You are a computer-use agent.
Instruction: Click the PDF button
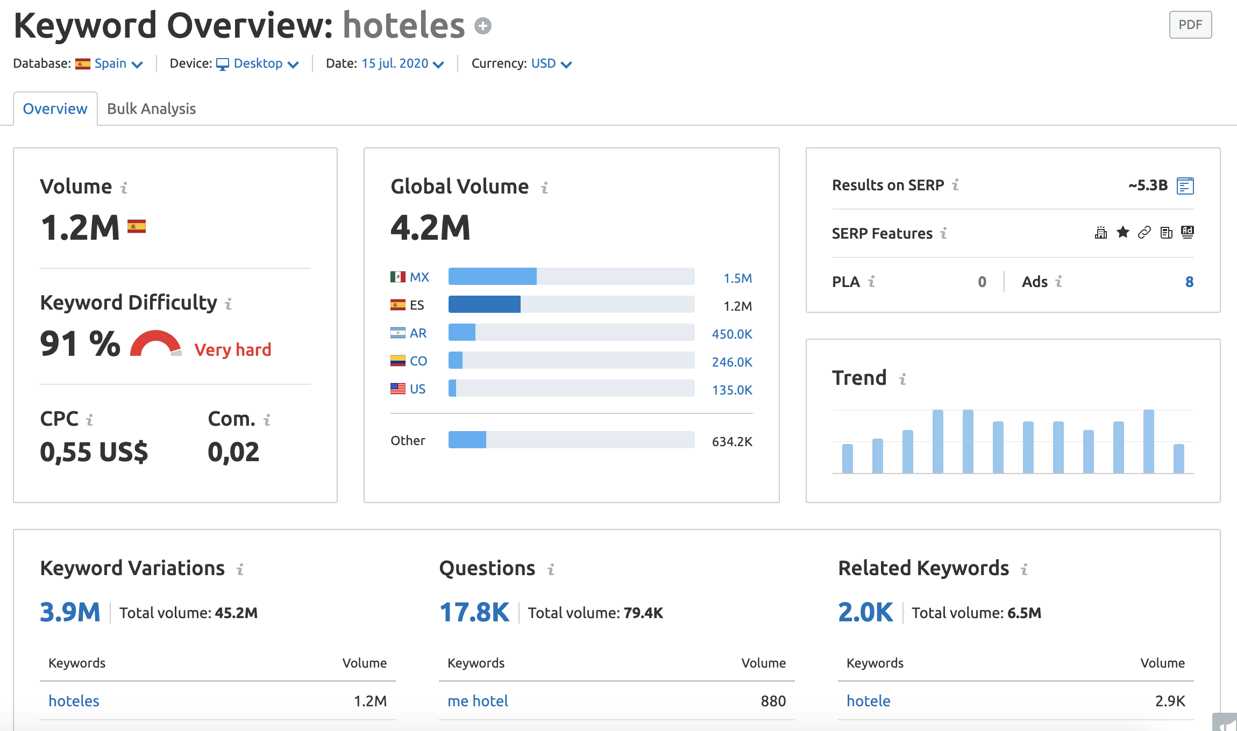1190,25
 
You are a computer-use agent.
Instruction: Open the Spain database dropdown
117,64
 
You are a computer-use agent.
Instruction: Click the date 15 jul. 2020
401,64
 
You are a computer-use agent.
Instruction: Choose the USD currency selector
550,64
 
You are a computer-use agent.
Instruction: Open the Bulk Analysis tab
151,109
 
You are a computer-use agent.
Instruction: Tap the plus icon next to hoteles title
482,26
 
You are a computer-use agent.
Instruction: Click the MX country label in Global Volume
419,277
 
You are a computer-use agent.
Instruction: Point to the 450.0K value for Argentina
731,334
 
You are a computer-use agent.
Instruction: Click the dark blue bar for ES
484,305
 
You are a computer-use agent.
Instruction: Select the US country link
417,389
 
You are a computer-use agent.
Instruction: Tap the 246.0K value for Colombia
731,362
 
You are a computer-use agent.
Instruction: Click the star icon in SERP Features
1122,232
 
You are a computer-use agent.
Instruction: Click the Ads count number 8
1189,282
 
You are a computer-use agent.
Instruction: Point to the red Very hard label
232,350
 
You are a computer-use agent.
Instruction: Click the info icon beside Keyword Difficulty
228,304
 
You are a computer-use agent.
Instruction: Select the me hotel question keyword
478,701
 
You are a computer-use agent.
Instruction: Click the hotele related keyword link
868,701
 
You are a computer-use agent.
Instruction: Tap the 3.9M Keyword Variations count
70,612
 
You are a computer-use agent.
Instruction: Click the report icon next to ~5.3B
1185,186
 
